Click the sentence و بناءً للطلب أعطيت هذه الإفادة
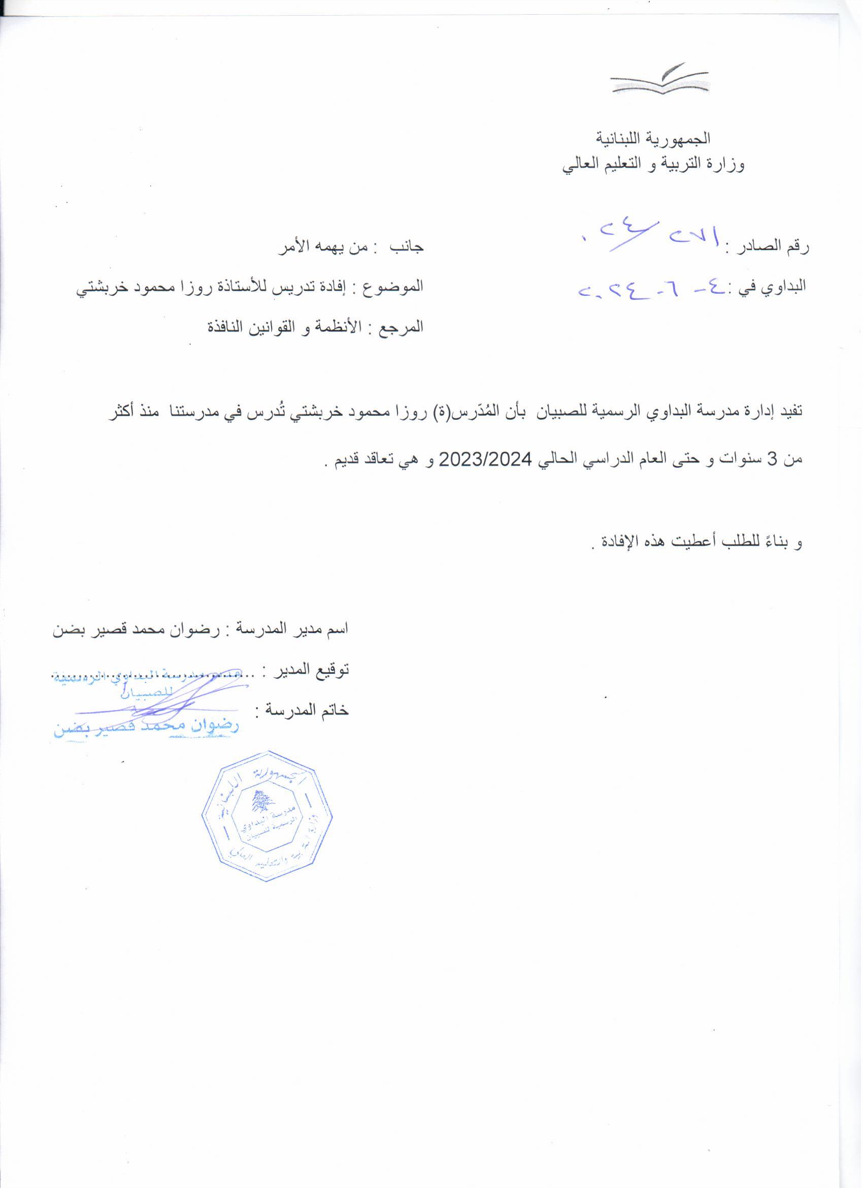(x=696, y=543)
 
